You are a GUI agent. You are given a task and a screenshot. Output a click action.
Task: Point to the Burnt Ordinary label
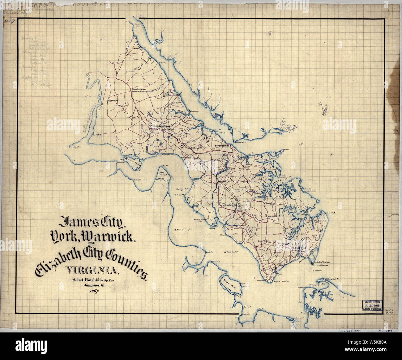[x=138, y=89]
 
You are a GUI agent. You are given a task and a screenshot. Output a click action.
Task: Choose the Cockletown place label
[x=255, y=182]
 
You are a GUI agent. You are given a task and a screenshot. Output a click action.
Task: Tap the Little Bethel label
[x=264, y=241]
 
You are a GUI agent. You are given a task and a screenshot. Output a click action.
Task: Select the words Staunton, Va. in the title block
[x=93, y=286]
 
